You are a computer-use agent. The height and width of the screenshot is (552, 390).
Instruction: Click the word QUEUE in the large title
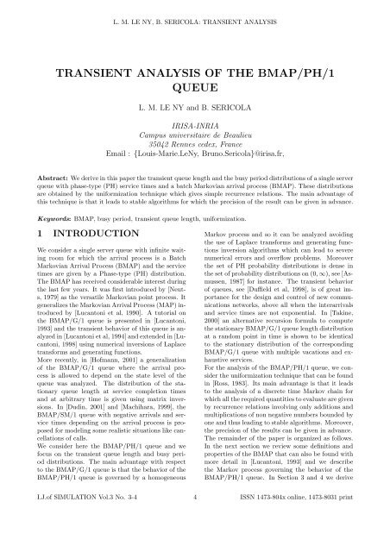tap(195, 87)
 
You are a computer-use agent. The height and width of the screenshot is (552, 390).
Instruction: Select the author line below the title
tap(195, 110)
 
